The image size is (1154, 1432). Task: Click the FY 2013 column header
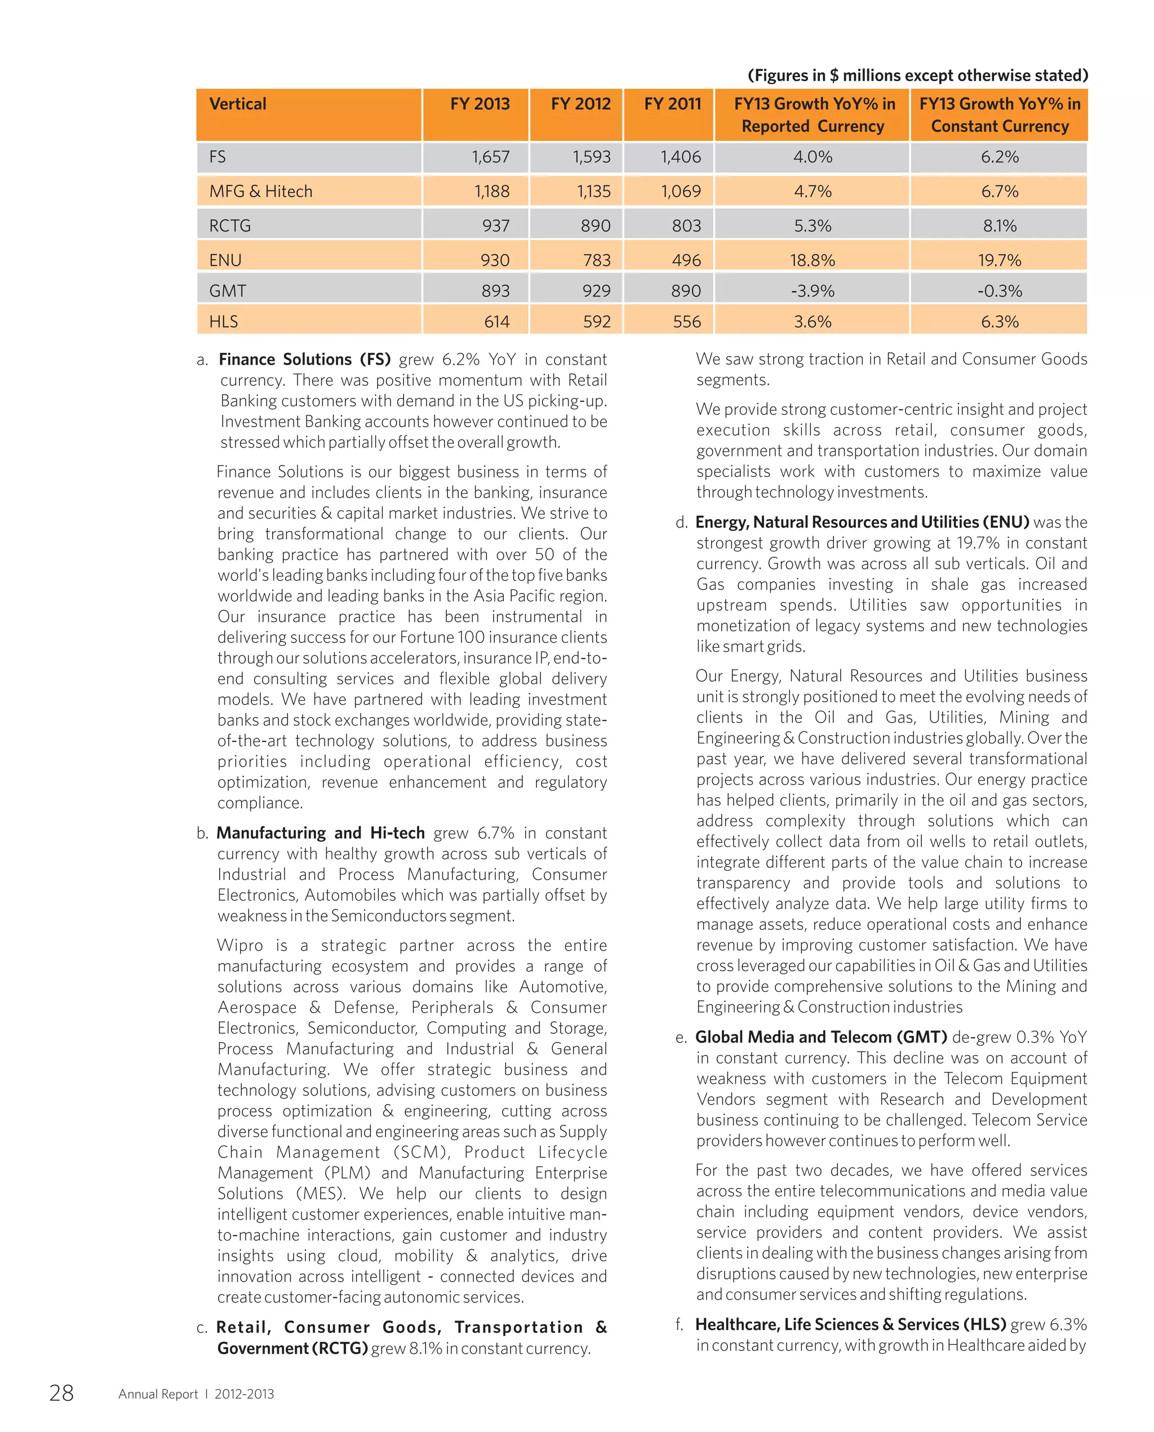coord(480,104)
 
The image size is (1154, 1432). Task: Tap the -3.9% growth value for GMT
coord(813,291)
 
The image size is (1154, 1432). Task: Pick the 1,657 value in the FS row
coord(491,157)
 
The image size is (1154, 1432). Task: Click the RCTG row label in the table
coord(230,226)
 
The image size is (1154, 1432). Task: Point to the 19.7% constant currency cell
coord(999,260)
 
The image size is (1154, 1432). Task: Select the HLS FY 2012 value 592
coord(596,322)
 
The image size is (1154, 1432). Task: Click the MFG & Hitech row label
coord(260,192)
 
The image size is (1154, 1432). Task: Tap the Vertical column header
coord(238,104)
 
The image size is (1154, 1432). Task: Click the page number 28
coord(61,1393)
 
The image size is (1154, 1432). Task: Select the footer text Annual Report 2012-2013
coord(196,1394)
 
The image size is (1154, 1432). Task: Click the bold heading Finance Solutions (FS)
coord(304,360)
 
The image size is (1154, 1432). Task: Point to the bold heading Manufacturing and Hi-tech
coord(321,833)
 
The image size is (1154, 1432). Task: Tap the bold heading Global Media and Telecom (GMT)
coord(821,1037)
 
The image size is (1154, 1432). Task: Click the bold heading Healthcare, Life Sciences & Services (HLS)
coord(850,1324)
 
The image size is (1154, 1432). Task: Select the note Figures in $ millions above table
coord(917,75)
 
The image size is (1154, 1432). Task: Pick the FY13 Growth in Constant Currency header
coord(999,114)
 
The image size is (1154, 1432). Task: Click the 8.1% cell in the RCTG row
coord(999,226)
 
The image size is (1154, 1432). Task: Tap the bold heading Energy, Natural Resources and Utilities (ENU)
coord(862,522)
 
